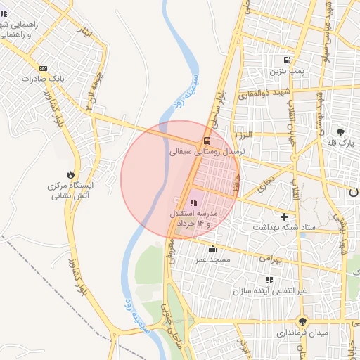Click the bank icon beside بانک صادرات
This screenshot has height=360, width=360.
(x=44, y=68)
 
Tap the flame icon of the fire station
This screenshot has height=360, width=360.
(x=71, y=174)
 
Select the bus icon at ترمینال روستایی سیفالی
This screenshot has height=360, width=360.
(x=206, y=140)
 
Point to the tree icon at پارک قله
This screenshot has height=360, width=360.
(x=341, y=131)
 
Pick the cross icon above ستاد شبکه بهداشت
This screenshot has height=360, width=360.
(x=284, y=217)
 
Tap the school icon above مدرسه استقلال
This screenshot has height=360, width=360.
(x=194, y=202)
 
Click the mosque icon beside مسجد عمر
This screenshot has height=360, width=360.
(x=213, y=248)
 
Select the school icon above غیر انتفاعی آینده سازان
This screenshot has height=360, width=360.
(x=289, y=280)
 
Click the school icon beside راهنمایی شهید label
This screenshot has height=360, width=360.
(x=7, y=13)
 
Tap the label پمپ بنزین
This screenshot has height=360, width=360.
(x=287, y=72)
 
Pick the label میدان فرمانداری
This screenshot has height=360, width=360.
(x=301, y=331)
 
